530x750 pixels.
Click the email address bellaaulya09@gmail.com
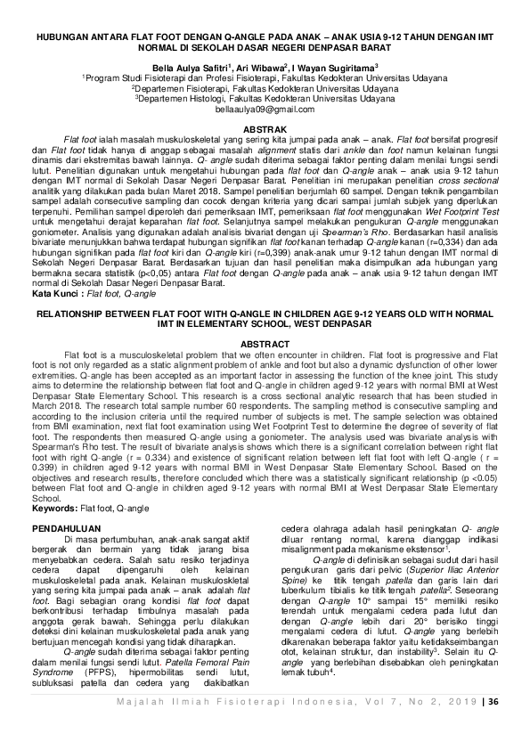pos(265,107)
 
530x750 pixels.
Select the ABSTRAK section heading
pos(265,129)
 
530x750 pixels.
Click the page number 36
pos(493,726)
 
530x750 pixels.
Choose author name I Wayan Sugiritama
pos(333,67)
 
